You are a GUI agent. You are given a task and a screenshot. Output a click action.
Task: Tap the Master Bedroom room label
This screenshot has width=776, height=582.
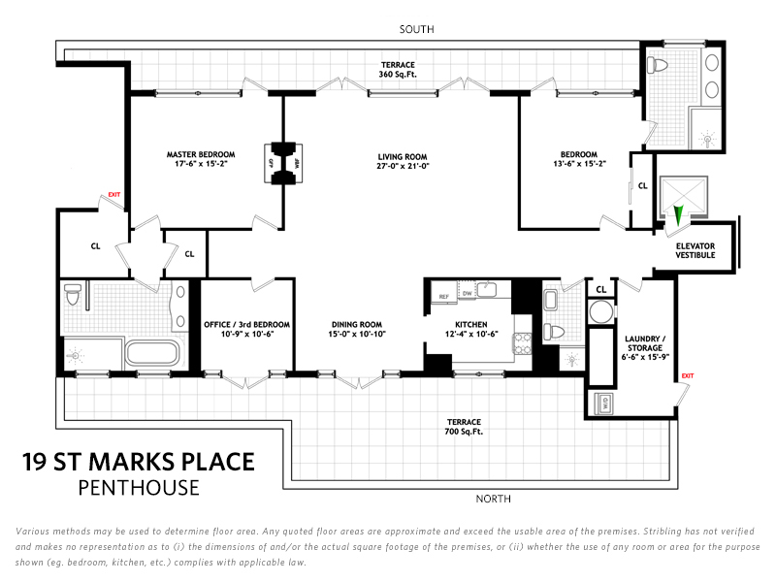click(200, 154)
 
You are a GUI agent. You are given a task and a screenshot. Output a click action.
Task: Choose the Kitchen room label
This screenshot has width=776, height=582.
click(470, 324)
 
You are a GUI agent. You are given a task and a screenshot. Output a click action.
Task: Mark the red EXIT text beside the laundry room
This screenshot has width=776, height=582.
click(688, 375)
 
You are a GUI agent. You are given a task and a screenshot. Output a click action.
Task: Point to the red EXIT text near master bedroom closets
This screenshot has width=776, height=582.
click(114, 195)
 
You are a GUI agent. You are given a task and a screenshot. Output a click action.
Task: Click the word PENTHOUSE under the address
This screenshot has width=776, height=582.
click(139, 487)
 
